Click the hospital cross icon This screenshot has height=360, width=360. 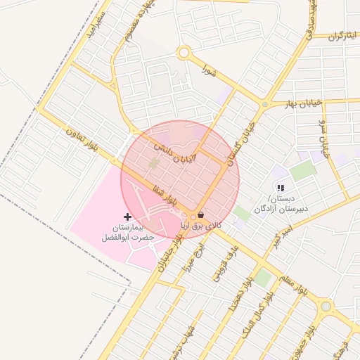pyautogui.click(x=127, y=216)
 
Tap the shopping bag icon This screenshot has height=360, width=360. pyautogui.click(x=202, y=214)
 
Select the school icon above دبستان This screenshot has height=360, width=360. pyautogui.click(x=281, y=188)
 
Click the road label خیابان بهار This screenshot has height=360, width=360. pyautogui.click(x=303, y=103)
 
